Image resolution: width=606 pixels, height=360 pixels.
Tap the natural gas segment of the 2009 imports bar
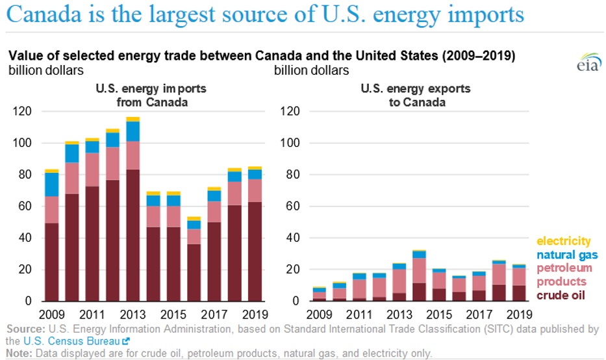click(51, 185)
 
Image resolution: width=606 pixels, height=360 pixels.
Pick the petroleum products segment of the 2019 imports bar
click(255, 190)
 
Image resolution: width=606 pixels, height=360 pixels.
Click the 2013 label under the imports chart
click(133, 314)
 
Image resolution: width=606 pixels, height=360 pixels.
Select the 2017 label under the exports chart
click(479, 314)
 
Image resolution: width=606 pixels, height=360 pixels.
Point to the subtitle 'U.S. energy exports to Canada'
click(416, 95)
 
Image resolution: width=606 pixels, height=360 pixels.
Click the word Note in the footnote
click(14, 353)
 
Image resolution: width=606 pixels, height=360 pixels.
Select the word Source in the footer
click(19, 329)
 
